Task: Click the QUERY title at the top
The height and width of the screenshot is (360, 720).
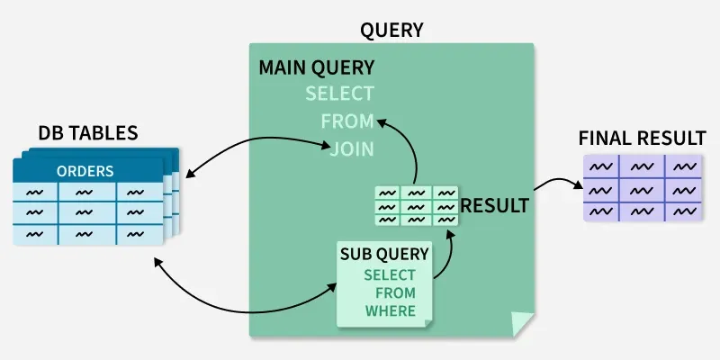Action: pyautogui.click(x=391, y=31)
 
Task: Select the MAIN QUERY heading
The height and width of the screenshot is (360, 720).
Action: pyautogui.click(x=316, y=68)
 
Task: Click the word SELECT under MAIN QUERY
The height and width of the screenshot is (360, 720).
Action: pyautogui.click(x=339, y=94)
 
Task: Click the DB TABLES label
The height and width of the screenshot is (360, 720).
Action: pyautogui.click(x=87, y=133)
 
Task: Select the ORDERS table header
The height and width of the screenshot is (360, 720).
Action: pyautogui.click(x=85, y=171)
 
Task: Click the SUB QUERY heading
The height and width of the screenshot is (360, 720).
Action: pyautogui.click(x=384, y=254)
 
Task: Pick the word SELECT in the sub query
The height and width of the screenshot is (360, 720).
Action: pyautogui.click(x=390, y=275)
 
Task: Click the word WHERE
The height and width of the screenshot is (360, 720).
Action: pyautogui.click(x=391, y=311)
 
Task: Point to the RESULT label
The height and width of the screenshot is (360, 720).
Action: pyautogui.click(x=494, y=205)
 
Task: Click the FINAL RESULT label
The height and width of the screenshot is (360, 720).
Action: pyautogui.click(x=642, y=139)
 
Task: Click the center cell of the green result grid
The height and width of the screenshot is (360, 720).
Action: pyautogui.click(x=416, y=206)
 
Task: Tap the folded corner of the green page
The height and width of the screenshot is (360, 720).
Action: pyautogui.click(x=522, y=324)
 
